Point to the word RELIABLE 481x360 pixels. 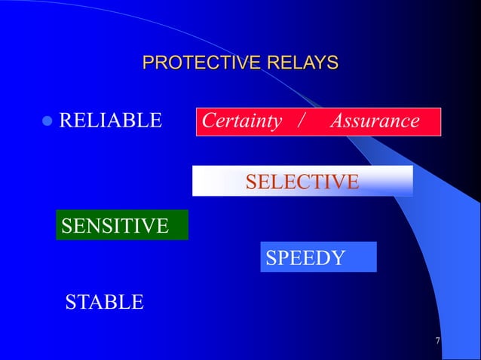point(110,121)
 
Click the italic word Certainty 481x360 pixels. point(242,121)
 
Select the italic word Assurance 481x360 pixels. point(375,121)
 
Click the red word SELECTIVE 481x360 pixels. point(302,182)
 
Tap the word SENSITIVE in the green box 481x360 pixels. point(115,224)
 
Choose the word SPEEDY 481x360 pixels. point(305,258)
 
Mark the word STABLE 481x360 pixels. point(104,303)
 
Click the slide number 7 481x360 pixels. point(438,343)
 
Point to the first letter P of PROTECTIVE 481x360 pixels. point(149,63)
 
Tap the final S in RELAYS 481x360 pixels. point(332,63)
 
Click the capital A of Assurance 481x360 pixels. point(337,121)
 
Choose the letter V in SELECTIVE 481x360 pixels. point(336,182)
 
